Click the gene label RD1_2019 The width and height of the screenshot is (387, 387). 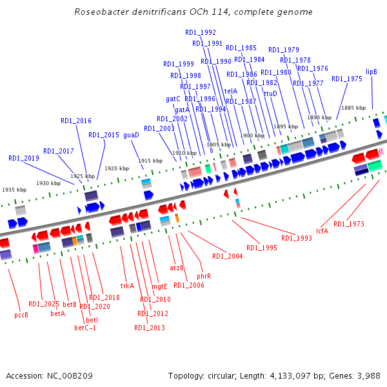[24, 158]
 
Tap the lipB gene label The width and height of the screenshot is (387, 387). [372, 72]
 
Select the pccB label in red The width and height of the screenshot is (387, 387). [21, 315]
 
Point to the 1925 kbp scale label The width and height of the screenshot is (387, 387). [83, 176]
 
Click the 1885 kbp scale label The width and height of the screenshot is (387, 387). [353, 108]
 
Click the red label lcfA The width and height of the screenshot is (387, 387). [322, 230]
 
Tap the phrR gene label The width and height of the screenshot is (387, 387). [204, 276]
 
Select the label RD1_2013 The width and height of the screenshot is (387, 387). [150, 328]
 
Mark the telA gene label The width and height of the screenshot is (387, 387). [230, 91]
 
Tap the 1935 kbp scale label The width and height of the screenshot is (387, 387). [14, 190]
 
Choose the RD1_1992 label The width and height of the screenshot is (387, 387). [201, 32]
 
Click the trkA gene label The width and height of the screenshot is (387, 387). [127, 286]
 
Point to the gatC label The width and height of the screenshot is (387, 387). [173, 99]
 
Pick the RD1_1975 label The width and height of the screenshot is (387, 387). [347, 79]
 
